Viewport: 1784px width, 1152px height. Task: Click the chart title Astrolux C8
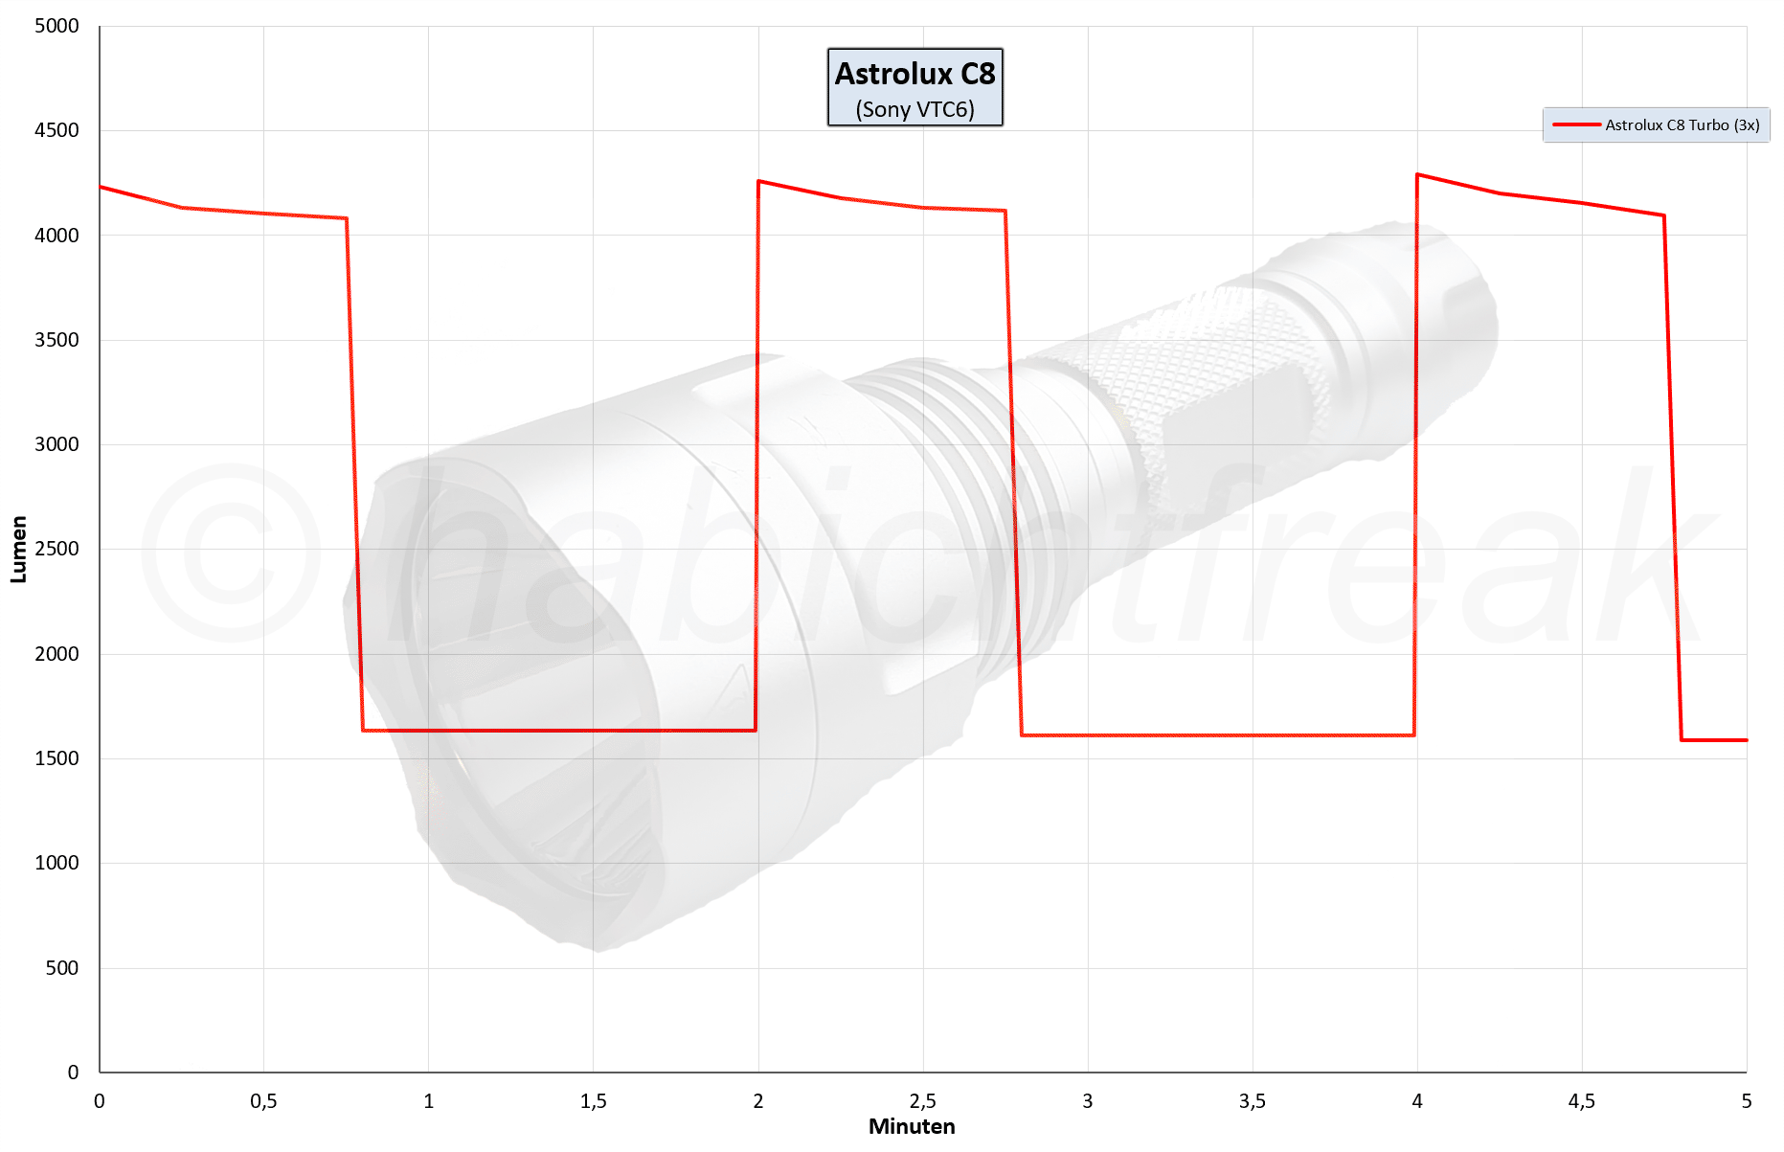915,74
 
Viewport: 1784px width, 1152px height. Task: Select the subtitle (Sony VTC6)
915,109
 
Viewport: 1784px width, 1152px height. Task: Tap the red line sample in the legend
1576,124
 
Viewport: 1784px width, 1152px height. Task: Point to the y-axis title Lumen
18,549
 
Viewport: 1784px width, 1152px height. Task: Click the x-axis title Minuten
912,1126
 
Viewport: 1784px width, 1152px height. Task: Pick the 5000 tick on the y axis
56,26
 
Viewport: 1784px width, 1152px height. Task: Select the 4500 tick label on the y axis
56,130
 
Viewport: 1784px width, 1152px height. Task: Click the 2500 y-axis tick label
56,549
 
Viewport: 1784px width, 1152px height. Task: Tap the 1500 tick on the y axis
56,758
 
